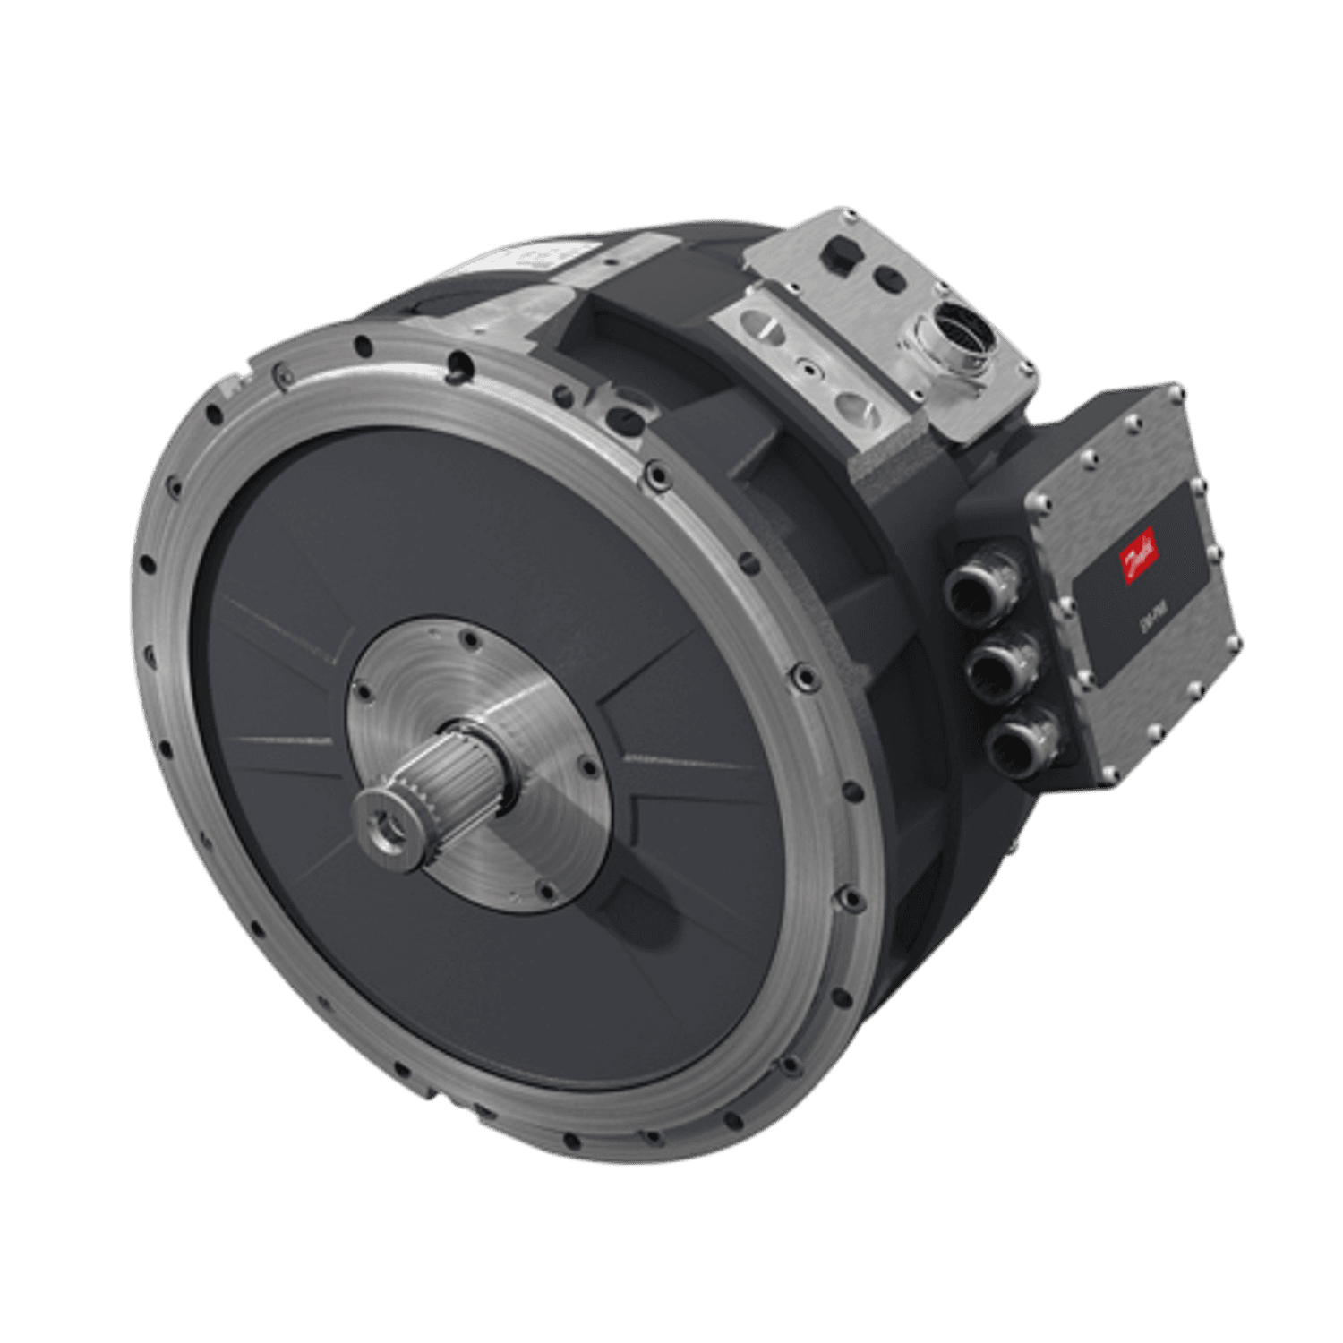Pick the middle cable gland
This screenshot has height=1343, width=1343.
997,667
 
